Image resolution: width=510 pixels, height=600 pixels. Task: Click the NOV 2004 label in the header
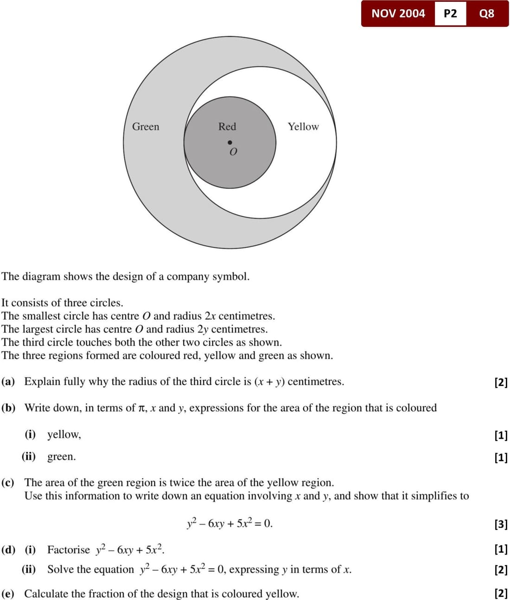398,13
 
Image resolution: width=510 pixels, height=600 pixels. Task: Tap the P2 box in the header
450,13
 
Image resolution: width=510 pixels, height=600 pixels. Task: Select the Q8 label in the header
486,13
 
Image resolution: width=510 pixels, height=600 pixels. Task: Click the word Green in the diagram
146,126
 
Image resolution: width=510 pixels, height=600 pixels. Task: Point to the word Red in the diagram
227,126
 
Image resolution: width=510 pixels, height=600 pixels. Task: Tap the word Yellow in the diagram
303,126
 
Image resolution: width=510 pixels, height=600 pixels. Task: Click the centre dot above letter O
229,142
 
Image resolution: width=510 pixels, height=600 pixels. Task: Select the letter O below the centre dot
233,152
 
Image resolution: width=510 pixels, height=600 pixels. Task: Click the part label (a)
8,381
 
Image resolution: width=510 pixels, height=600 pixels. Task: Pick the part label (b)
8,408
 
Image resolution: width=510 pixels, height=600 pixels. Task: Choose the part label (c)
8,482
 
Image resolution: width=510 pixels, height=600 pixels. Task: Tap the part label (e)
8,594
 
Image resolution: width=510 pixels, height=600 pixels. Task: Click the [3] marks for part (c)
501,524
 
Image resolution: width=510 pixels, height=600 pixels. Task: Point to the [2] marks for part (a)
501,382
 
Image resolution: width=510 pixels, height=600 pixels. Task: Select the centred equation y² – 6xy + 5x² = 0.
229,523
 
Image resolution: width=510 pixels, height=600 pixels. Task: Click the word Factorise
69,549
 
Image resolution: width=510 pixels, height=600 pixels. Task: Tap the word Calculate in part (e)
46,594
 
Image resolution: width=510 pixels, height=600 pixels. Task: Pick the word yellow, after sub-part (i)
64,434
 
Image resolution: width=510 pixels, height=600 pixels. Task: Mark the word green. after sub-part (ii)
61,456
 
